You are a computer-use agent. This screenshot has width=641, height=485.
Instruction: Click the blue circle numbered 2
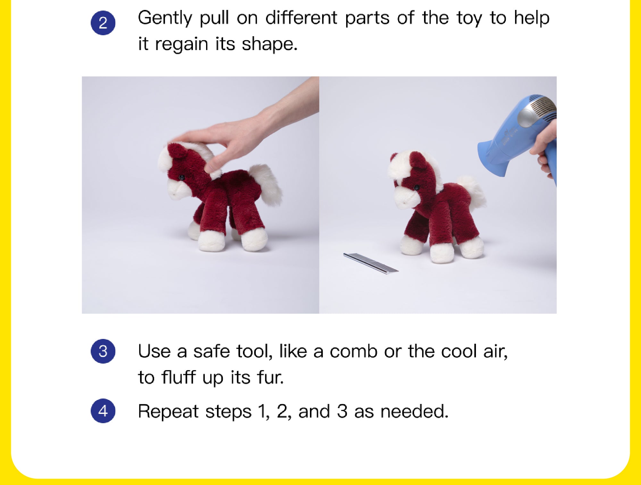tap(103, 23)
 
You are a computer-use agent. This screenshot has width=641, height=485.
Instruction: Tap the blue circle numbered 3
tap(103, 351)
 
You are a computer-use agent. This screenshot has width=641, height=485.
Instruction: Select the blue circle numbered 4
tap(103, 411)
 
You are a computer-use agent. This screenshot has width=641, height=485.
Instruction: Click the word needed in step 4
tap(414, 411)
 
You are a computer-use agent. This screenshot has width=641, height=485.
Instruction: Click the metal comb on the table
tap(371, 263)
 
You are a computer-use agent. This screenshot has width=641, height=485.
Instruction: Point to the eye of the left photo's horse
tap(182, 177)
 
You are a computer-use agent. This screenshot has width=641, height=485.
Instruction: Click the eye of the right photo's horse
tap(417, 187)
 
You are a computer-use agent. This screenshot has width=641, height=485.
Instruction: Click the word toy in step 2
tap(470, 19)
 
